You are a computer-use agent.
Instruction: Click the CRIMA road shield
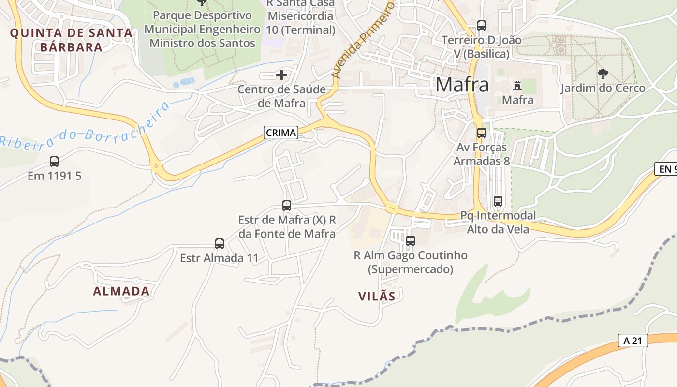click(281, 132)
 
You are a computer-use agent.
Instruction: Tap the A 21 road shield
click(633, 341)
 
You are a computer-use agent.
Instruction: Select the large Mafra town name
click(462, 85)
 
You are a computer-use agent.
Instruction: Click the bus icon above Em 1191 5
click(54, 162)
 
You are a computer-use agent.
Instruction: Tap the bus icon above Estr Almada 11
click(220, 244)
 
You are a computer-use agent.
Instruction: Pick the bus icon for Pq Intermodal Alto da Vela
click(498, 201)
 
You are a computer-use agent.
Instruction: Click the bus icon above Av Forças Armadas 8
click(482, 133)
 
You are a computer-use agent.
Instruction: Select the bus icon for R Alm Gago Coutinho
click(411, 240)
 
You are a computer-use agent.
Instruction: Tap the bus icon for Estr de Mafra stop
click(287, 206)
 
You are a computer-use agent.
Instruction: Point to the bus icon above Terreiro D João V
click(482, 25)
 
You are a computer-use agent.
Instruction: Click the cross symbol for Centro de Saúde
click(281, 75)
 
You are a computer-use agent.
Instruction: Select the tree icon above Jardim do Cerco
click(603, 74)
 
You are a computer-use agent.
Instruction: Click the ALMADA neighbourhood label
click(121, 291)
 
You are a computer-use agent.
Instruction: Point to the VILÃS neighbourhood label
click(377, 296)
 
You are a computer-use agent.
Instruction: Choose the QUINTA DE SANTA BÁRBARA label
click(71, 40)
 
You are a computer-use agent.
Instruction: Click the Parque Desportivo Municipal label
click(202, 29)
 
